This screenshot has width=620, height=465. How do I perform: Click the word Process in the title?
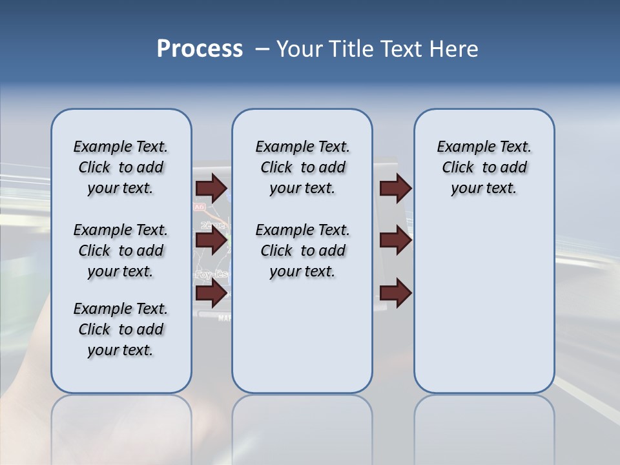(x=200, y=49)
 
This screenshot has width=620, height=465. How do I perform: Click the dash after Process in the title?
(x=262, y=50)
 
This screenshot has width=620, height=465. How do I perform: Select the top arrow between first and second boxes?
(x=211, y=188)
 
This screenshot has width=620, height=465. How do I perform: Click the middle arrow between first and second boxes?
(x=211, y=241)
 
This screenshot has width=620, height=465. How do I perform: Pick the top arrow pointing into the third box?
(x=395, y=188)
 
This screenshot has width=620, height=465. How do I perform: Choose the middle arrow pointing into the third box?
(x=395, y=241)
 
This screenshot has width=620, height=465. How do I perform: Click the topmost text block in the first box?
(x=121, y=167)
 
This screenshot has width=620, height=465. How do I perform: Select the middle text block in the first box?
(x=121, y=251)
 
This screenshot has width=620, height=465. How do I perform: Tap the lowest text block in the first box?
(x=121, y=329)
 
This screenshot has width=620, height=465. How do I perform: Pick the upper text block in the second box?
(x=302, y=167)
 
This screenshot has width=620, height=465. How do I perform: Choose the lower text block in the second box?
(x=302, y=251)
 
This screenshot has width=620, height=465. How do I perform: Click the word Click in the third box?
(x=458, y=167)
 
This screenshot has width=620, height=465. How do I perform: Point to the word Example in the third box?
(x=462, y=147)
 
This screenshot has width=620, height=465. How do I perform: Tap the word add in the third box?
(x=514, y=167)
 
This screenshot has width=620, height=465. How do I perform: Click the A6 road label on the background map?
(x=199, y=207)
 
